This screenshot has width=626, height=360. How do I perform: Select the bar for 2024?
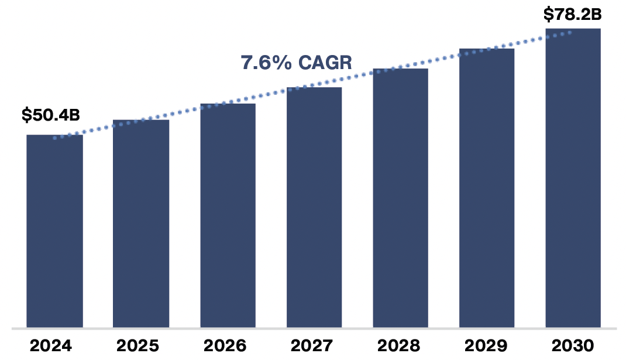[54, 231]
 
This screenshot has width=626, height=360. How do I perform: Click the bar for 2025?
[141, 224]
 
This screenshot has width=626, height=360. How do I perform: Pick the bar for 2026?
[228, 215]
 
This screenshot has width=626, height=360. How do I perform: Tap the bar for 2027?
[314, 207]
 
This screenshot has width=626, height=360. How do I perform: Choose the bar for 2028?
[400, 198]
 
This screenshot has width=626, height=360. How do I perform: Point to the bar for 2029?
[487, 188]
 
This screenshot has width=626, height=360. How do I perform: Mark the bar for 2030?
[573, 178]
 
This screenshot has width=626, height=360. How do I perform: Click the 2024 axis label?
[51, 345]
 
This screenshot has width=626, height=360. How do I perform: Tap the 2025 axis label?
[137, 345]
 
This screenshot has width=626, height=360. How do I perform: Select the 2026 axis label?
[224, 345]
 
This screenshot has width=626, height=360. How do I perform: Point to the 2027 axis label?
[311, 345]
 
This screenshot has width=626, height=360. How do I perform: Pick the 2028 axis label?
[397, 345]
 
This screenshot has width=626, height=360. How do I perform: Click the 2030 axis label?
[572, 345]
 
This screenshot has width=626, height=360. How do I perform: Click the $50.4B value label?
[50, 115]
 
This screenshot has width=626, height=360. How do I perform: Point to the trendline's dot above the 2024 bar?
[54, 138]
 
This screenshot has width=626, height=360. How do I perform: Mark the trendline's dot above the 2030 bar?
[570, 33]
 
